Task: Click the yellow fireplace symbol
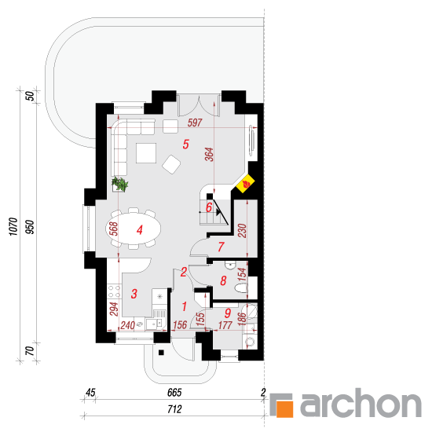click(245, 184)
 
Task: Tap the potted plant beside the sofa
click(120, 184)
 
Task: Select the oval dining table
click(134, 229)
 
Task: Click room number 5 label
click(186, 144)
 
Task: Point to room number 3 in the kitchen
click(134, 294)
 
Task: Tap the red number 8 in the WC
click(223, 280)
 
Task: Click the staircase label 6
click(209, 207)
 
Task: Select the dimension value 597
click(195, 123)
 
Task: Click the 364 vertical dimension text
click(210, 155)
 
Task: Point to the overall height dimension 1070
click(13, 226)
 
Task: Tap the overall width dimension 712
click(174, 409)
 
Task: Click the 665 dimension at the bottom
click(174, 393)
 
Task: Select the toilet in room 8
click(242, 288)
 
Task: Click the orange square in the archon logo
click(284, 409)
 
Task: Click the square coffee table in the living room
click(146, 153)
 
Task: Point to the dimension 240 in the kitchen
click(127, 325)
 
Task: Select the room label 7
click(221, 247)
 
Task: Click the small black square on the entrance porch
click(161, 353)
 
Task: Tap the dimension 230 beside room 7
click(242, 231)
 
